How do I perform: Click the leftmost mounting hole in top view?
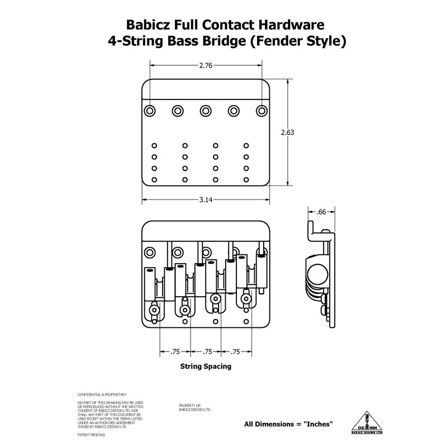[x=150, y=110]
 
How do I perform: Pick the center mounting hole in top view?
[x=205, y=110]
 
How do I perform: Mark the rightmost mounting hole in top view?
[x=261, y=110]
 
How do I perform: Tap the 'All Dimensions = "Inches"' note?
[x=289, y=424]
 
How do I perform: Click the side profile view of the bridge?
[x=321, y=274]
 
